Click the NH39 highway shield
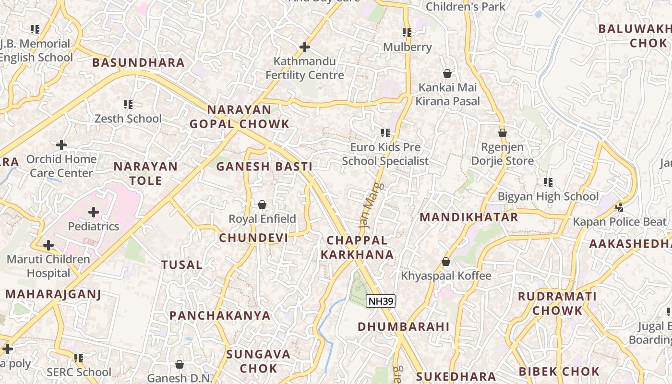point(381,301)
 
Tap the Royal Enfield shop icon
point(262,205)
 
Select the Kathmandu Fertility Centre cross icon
point(304,47)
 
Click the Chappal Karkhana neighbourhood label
point(357,247)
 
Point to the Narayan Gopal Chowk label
point(239,117)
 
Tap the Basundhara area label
point(138,62)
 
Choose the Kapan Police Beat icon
point(619,207)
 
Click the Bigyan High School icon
point(548,182)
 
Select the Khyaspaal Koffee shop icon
point(446,262)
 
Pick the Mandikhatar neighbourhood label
point(469,217)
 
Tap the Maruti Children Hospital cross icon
point(48,245)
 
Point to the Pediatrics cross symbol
point(94,212)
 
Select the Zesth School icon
point(128,104)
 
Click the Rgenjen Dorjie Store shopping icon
point(503,133)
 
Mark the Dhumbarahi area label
point(403,327)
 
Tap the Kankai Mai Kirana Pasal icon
point(447,73)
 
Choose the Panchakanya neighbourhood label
point(220,315)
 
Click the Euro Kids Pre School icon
point(385,133)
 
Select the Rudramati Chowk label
point(557,303)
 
